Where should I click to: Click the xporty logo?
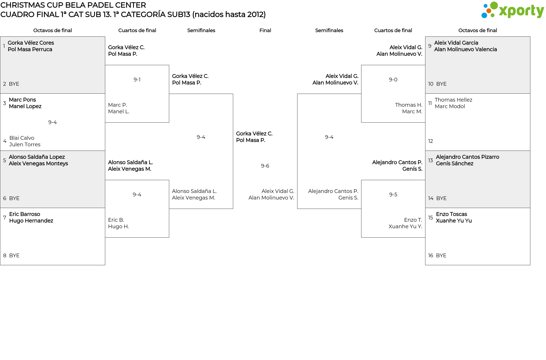512,10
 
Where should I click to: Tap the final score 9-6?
265,166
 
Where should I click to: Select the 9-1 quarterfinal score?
137,80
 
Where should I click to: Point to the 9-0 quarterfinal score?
393,80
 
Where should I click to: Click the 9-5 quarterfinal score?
393,195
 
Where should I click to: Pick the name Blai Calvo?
22,138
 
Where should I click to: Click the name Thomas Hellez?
453,100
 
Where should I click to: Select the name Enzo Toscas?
451,214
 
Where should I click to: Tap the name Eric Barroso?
24,214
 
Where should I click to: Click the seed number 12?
431,141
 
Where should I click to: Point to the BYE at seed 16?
441,256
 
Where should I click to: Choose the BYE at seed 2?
14,84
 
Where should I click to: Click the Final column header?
265,30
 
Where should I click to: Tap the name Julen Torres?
25,145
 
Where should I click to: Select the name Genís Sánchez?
454,164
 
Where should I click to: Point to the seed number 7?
5,218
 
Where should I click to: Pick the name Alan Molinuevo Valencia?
466,50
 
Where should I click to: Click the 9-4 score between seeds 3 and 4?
52,122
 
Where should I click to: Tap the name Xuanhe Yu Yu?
454,221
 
